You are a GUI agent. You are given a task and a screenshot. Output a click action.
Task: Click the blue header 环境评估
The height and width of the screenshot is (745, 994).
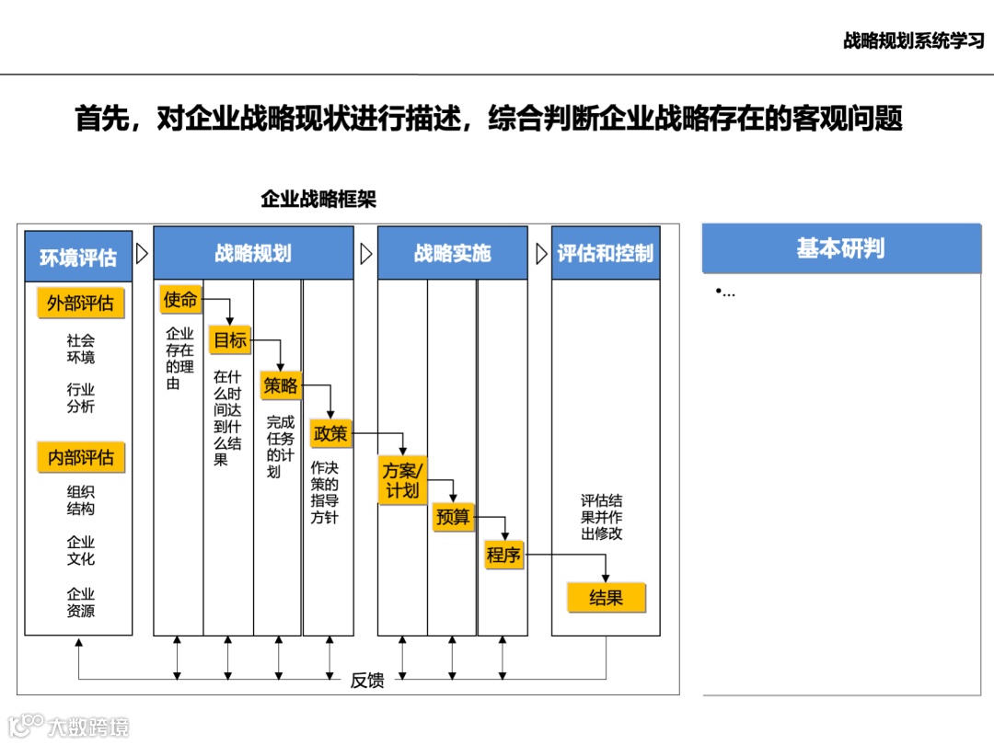pyautogui.click(x=78, y=257)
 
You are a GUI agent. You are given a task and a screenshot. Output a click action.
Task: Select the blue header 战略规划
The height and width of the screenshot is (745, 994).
pyautogui.click(x=253, y=253)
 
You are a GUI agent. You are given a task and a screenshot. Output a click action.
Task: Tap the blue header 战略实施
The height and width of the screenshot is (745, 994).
pyautogui.click(x=452, y=253)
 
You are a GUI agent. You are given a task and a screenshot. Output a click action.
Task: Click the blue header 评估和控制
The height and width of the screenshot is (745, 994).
pyautogui.click(x=606, y=253)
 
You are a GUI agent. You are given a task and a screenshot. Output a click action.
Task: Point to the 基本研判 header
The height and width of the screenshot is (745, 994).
pyautogui.click(x=841, y=248)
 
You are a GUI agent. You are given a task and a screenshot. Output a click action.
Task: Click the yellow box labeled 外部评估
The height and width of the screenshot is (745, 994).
pyautogui.click(x=80, y=304)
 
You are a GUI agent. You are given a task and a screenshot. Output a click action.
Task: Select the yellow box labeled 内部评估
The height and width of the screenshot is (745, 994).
pyautogui.click(x=80, y=457)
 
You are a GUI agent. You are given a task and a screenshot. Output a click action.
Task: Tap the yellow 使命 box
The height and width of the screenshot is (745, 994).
pyautogui.click(x=180, y=299)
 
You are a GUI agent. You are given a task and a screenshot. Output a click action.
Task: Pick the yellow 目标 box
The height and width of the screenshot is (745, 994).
pyautogui.click(x=230, y=340)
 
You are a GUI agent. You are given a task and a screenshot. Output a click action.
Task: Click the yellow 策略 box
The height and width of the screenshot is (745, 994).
pyautogui.click(x=280, y=385)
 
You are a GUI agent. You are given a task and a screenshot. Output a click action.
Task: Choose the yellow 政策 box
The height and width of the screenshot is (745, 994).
pyautogui.click(x=330, y=432)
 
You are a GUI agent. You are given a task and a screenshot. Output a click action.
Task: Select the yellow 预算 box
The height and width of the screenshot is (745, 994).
pyautogui.click(x=453, y=518)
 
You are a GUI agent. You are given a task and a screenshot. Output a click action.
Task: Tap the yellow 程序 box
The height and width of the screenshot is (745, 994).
pyautogui.click(x=503, y=555)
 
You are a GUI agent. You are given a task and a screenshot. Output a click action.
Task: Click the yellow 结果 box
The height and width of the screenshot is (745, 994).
pyautogui.click(x=606, y=598)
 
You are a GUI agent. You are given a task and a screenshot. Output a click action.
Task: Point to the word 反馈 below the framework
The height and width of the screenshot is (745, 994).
pyautogui.click(x=367, y=681)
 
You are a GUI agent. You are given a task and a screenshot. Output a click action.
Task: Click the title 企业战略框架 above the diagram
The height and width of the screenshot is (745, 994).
pyautogui.click(x=318, y=200)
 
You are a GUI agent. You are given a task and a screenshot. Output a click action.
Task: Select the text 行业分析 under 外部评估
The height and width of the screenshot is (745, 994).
pyautogui.click(x=80, y=398)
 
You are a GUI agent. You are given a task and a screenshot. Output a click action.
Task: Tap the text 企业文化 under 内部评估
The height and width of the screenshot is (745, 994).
pyautogui.click(x=80, y=550)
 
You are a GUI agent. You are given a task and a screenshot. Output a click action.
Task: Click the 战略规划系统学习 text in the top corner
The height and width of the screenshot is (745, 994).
pyautogui.click(x=913, y=40)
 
